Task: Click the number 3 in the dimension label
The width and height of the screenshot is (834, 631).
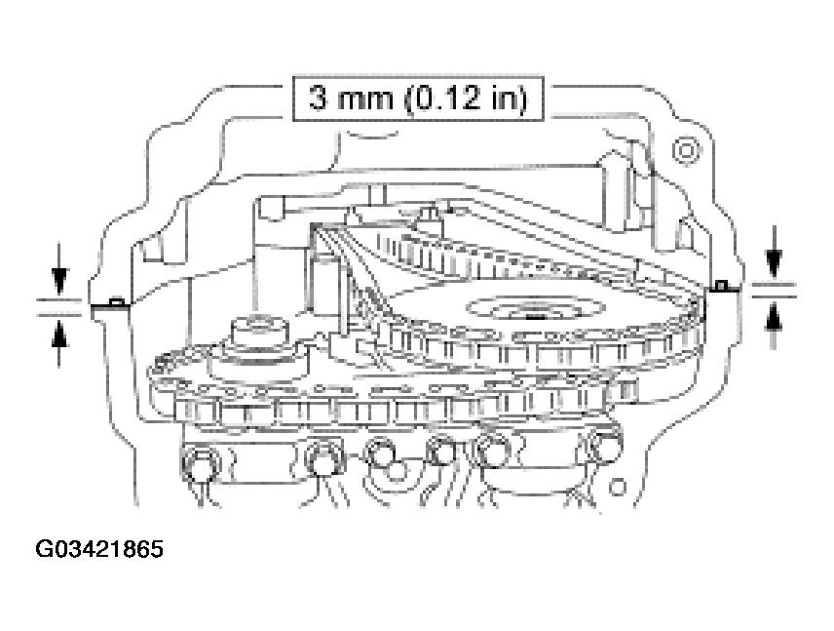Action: pos(318,99)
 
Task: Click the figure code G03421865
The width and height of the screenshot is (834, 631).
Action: pos(99,549)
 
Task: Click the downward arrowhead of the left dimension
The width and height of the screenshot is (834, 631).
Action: pos(59,281)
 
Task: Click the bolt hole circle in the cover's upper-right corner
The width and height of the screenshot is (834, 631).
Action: pos(686,151)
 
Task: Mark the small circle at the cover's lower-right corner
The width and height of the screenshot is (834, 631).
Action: pos(617,486)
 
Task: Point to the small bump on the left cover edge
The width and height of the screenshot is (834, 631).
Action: pos(118,302)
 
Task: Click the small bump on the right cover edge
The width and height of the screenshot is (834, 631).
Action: pos(720,286)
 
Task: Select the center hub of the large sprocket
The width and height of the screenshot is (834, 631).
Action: pos(535,309)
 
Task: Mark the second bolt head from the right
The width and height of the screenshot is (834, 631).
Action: pos(495,451)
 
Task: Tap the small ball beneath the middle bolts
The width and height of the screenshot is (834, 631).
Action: pos(395,471)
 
